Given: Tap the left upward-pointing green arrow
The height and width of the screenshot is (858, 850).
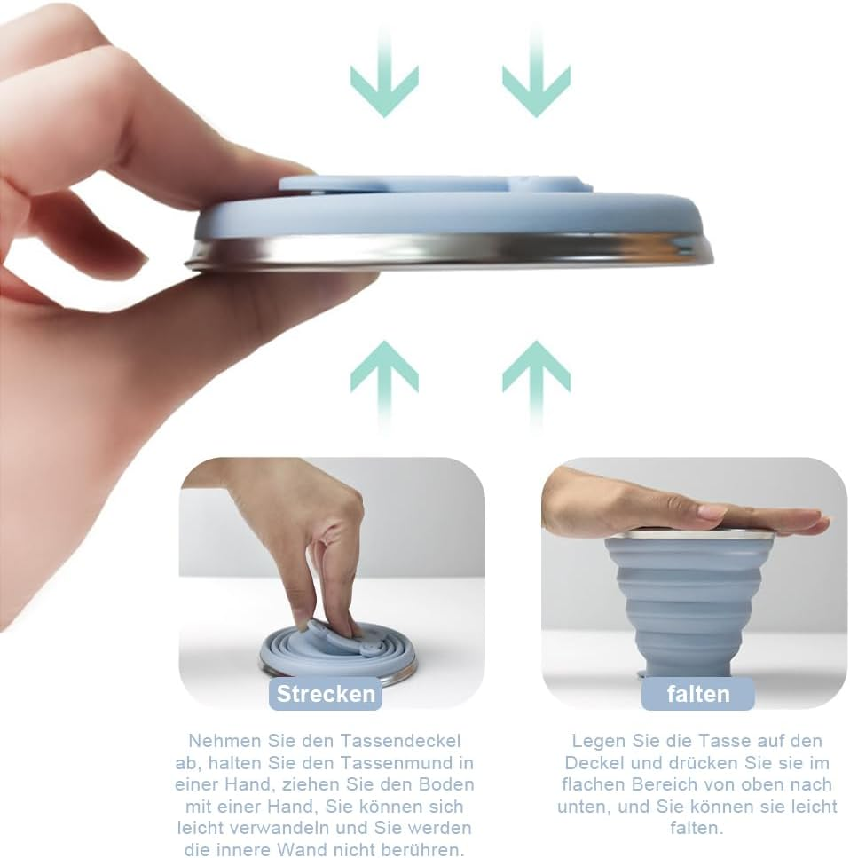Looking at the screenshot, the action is [385, 383].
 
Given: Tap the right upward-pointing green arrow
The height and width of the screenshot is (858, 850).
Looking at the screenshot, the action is [537, 383].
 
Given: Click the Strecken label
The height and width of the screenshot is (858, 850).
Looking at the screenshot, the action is [326, 694].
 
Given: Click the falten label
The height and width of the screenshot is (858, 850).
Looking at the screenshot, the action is [698, 694].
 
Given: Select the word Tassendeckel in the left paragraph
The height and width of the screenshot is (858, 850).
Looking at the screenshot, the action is [401, 741].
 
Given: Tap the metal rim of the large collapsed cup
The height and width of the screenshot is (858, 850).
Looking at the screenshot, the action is [449, 253].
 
